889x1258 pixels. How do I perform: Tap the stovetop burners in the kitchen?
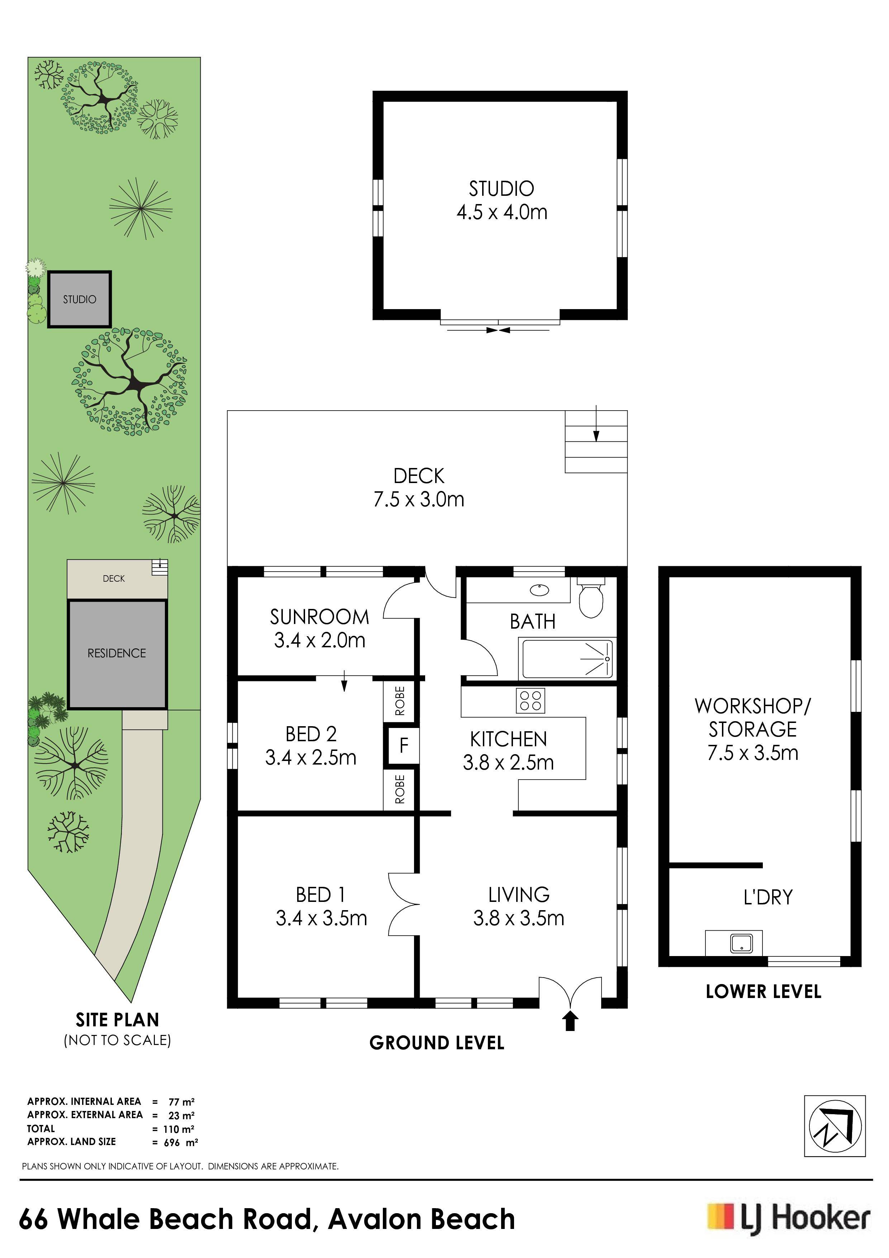click(x=530, y=700)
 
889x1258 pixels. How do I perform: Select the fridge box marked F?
click(x=404, y=745)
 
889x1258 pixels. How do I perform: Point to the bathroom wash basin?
click(x=540, y=590)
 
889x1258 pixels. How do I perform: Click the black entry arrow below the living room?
click(x=570, y=1021)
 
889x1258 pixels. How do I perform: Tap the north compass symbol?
click(x=835, y=1126)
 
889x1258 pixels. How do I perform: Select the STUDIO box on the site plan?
click(x=80, y=299)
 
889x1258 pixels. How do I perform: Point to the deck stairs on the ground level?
click(x=596, y=441)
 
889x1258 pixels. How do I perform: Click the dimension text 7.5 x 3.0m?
click(x=419, y=499)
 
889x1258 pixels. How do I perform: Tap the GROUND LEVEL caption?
click(x=437, y=1043)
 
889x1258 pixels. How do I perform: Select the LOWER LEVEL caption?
click(x=763, y=991)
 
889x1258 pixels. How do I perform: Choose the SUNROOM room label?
click(x=319, y=617)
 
